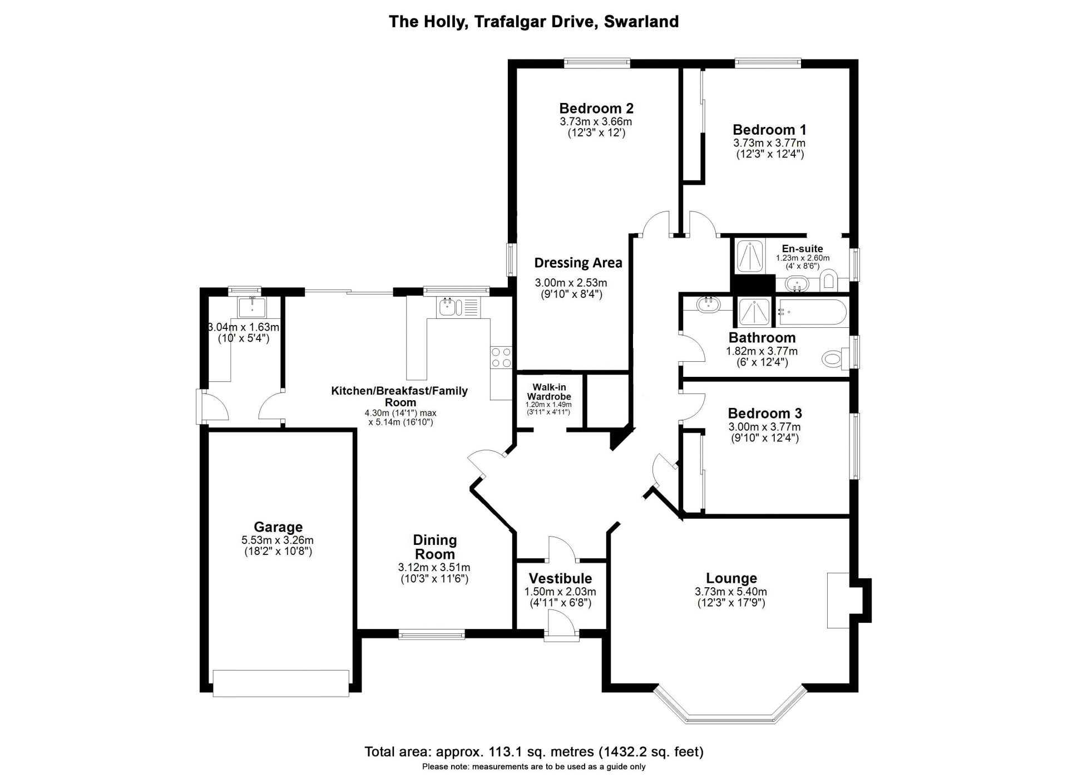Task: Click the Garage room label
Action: (x=278, y=527)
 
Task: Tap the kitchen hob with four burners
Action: (x=501, y=357)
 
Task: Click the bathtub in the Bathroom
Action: (x=812, y=313)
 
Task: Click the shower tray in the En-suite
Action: (x=749, y=256)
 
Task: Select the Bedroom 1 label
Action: (x=769, y=130)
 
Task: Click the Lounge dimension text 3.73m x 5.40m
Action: (x=731, y=592)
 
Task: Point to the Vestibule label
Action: (x=560, y=578)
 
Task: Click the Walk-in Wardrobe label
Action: (x=549, y=392)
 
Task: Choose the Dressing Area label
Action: (x=578, y=263)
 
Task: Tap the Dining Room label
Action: (x=434, y=547)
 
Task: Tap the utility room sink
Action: (x=252, y=306)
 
